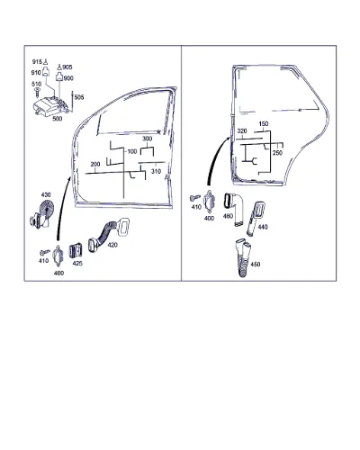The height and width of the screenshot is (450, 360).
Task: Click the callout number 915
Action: (37, 61)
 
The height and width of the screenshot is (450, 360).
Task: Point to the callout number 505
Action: (79, 97)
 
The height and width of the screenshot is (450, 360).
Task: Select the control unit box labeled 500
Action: (52, 105)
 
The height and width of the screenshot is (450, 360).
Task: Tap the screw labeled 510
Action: (37, 92)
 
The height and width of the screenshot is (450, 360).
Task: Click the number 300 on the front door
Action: (147, 139)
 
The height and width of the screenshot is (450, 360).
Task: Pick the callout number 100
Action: (132, 151)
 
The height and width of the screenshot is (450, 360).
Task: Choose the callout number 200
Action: (95, 165)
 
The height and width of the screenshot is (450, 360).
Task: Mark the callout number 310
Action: (156, 171)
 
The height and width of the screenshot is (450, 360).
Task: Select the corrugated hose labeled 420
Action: (110, 233)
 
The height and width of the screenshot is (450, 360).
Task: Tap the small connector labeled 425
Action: (76, 250)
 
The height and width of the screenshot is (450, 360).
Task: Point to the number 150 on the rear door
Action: (264, 123)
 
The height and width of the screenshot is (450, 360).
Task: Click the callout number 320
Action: (242, 131)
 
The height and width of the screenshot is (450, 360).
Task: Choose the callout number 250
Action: (277, 153)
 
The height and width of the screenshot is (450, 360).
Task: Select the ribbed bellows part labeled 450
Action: (243, 257)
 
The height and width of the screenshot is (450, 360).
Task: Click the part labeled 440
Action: (256, 219)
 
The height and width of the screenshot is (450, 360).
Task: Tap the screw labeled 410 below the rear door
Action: (195, 198)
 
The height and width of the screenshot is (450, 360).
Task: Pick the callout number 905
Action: (67, 67)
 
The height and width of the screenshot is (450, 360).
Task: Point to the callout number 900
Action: (68, 78)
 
